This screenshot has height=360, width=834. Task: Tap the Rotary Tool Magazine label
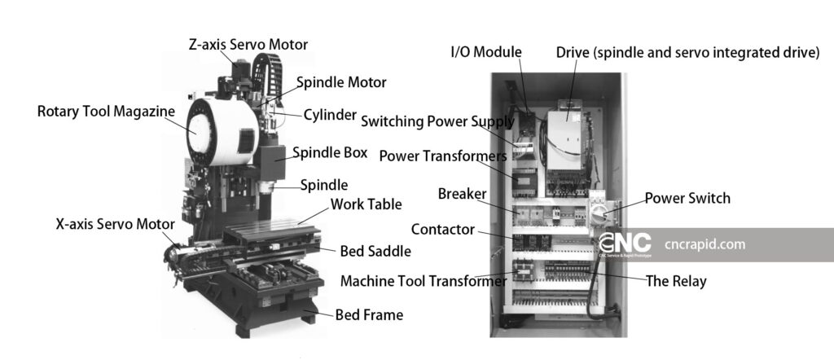[106, 111]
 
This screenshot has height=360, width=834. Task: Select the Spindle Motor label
[341, 82]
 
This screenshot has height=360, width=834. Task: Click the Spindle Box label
[330, 152]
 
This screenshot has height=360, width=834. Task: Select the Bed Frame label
[369, 314]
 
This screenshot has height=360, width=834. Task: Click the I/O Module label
[486, 53]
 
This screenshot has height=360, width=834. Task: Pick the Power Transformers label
[443, 155]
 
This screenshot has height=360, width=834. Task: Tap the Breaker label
[463, 194]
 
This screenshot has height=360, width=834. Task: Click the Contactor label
[442, 230]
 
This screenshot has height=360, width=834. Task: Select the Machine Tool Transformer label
[424, 281]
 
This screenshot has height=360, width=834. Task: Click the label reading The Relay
[675, 282]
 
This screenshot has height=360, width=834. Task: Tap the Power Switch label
[687, 198]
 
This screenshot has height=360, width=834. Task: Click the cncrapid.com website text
[705, 244]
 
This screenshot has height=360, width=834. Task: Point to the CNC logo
[625, 244]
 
